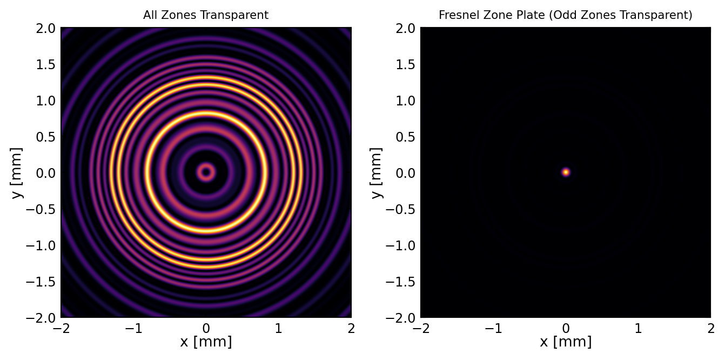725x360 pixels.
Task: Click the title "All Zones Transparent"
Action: coord(206,15)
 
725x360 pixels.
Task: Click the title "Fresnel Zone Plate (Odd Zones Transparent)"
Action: coord(566,15)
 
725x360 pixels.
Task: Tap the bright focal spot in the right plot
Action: coord(566,172)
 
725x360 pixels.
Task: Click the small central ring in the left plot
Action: coord(206,172)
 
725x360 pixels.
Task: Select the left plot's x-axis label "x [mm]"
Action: coord(206,342)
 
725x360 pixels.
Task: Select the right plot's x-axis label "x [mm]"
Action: coord(566,342)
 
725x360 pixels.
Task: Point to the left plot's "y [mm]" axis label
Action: coord(18,172)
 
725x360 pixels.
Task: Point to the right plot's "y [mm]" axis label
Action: coord(378,172)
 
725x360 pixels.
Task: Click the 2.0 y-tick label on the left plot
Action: coord(45,28)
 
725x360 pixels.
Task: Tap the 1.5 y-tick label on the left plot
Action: coord(45,64)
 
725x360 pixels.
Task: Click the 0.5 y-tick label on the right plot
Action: coord(405,137)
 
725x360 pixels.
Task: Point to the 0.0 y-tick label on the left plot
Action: coord(45,173)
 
